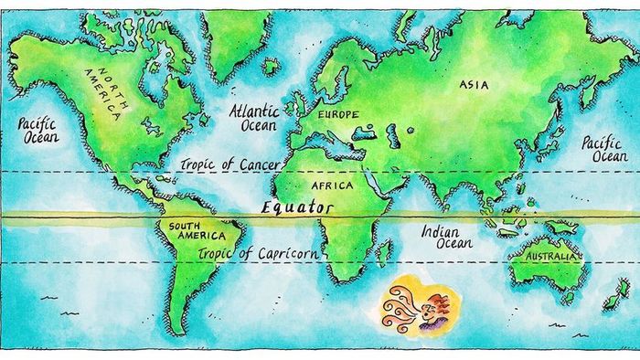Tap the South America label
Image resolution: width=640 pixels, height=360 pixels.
click(x=184, y=230)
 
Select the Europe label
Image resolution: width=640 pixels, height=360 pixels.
click(x=337, y=115)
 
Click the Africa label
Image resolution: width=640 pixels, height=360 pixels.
click(x=332, y=185)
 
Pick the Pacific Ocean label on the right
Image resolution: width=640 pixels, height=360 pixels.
click(x=604, y=149)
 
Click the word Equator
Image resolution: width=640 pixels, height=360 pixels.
click(x=298, y=208)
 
